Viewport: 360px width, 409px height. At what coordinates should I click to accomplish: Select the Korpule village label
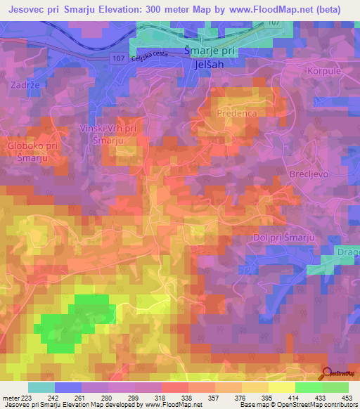[x=323, y=72]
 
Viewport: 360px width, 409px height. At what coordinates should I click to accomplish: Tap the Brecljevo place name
[x=309, y=173]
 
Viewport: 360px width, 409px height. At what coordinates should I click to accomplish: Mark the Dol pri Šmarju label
[x=283, y=239]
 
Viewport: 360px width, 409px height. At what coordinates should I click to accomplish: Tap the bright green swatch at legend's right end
[x=335, y=387]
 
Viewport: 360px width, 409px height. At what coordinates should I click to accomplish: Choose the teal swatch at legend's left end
[x=41, y=387]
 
